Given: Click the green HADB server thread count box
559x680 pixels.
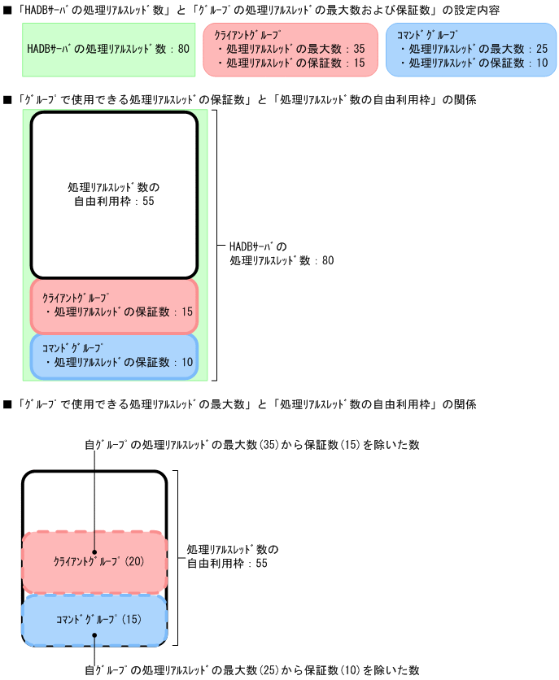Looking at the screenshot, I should coord(107,49).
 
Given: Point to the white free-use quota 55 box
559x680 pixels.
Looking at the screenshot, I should coord(114,195).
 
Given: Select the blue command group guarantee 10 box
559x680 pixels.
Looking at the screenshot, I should coord(114,356).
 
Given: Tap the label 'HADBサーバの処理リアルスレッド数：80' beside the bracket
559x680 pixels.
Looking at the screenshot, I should coord(281,253).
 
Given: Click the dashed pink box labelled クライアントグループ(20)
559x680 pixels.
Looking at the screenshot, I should coord(94,562).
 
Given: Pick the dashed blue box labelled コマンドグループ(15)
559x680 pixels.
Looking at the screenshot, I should coord(94,620).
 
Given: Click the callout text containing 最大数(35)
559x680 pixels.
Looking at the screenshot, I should coord(252,445).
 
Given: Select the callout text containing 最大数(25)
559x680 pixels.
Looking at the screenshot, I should coord(252,670).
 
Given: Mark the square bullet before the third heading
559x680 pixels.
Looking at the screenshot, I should coord(8,403).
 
